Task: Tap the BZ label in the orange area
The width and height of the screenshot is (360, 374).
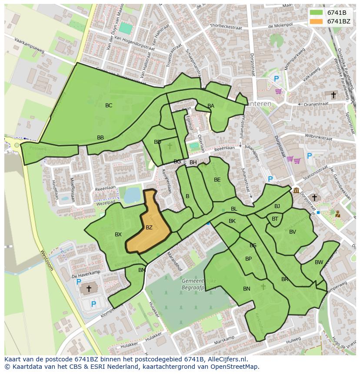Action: tap(149, 227)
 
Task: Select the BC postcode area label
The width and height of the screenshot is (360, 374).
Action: tap(109, 106)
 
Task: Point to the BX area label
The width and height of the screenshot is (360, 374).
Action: tap(118, 235)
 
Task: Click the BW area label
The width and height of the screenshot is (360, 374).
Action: tap(319, 262)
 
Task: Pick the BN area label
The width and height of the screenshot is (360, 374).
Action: tap(247, 288)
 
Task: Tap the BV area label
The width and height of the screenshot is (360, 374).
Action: tap(292, 232)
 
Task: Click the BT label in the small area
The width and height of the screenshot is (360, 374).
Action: tap(275, 219)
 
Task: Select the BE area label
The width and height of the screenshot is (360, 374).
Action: tap(217, 180)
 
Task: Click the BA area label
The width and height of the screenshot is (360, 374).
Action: tap(210, 106)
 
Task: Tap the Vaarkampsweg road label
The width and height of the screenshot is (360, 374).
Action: tap(29, 46)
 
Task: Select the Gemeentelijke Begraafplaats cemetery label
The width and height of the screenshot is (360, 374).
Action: tap(199, 284)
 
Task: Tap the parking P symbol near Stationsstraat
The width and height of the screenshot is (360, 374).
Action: tap(309, 156)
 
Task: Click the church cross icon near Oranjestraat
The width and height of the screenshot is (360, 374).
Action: tap(333, 95)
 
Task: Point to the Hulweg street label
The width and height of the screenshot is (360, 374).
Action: tap(294, 339)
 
